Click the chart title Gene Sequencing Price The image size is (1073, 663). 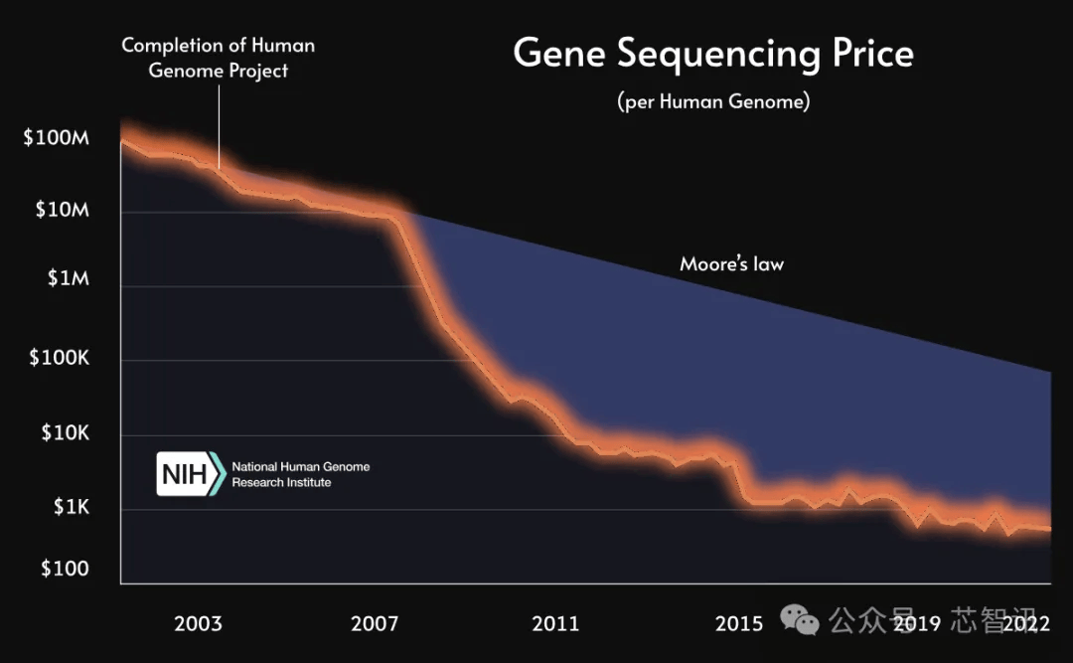[712, 54]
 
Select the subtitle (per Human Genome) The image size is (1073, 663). [712, 101]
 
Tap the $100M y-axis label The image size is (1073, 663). [56, 137]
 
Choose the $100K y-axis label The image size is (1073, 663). [59, 358]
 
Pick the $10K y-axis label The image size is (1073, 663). [64, 433]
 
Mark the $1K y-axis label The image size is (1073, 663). [71, 508]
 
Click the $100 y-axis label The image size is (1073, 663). [64, 569]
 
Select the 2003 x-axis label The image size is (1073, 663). [198, 624]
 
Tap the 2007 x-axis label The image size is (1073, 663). [375, 624]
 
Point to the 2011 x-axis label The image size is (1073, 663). [555, 624]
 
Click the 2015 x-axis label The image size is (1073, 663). [739, 624]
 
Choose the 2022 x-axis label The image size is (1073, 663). [1026, 624]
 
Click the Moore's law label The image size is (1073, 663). [731, 264]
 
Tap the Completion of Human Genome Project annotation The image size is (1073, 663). [218, 58]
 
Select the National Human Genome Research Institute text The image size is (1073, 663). [300, 474]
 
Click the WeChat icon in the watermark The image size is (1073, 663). [800, 621]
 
